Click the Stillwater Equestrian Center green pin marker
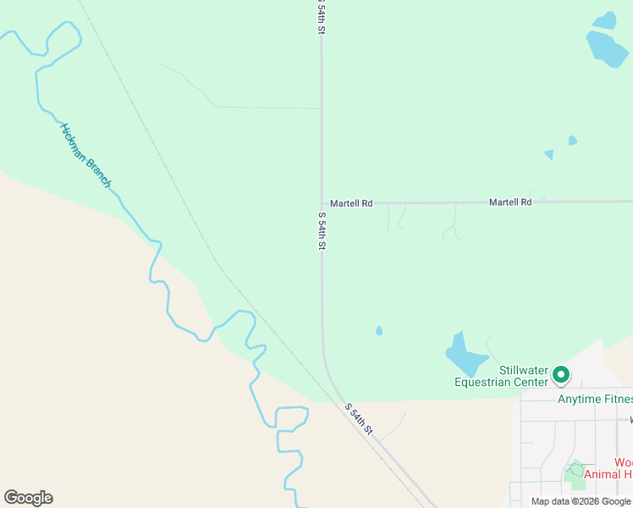click(560, 373)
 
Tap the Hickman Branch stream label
click(85, 156)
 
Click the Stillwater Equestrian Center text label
click(501, 376)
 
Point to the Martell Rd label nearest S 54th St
click(351, 203)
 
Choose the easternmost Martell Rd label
click(510, 202)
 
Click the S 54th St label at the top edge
click(321, 17)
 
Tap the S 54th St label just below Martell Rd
click(322, 230)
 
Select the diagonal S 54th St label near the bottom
click(359, 417)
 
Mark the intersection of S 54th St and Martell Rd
click(321, 203)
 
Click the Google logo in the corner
click(28, 498)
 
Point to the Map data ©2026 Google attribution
click(580, 501)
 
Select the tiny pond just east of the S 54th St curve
click(379, 331)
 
